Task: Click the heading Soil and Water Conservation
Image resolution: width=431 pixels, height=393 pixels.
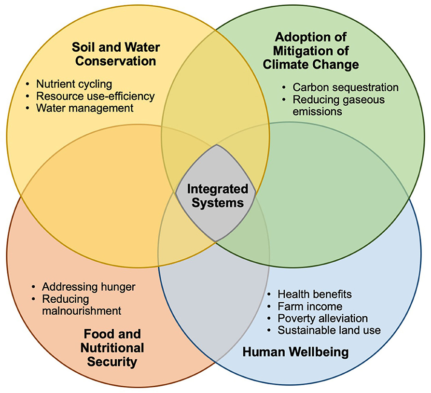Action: click(x=114, y=54)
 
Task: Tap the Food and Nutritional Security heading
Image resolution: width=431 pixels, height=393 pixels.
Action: click(x=112, y=348)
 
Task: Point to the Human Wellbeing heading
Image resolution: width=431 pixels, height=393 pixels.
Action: click(x=295, y=352)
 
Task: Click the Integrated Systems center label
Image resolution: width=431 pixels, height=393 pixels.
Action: click(x=217, y=196)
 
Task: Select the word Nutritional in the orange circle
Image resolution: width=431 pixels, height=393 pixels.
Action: click(x=112, y=348)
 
